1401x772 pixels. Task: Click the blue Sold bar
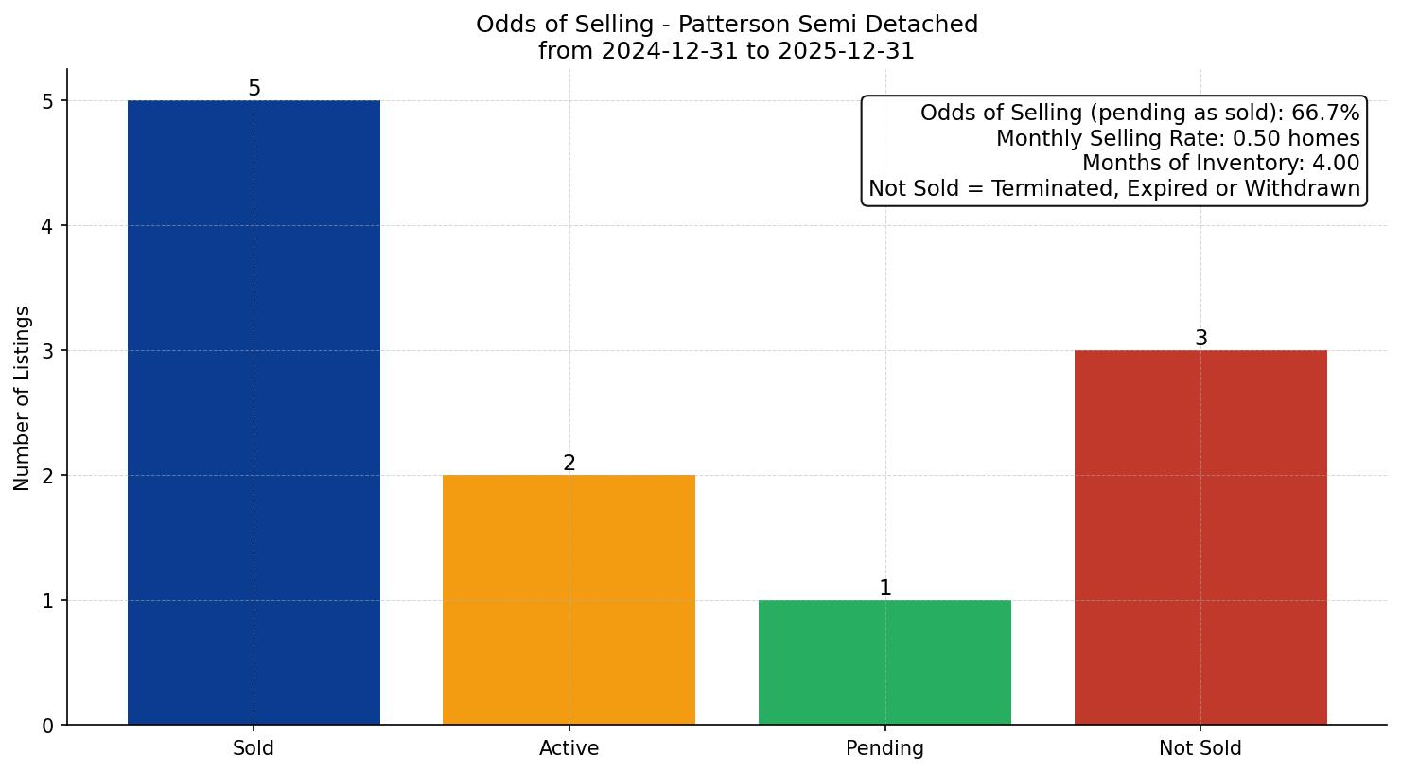[254, 412]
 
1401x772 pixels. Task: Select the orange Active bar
[569, 600]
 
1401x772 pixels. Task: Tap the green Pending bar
[884, 662]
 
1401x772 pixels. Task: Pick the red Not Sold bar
[1200, 537]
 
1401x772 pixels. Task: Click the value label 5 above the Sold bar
[254, 89]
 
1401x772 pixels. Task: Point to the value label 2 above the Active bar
[569, 464]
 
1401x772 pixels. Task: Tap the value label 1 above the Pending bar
[884, 588]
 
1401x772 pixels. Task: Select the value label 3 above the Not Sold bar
[1200, 339]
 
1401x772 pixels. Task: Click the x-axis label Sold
[254, 748]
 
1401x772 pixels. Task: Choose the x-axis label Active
[569, 748]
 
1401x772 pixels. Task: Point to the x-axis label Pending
[884, 748]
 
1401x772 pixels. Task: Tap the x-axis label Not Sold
[1200, 748]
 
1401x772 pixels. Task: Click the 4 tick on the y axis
[48, 226]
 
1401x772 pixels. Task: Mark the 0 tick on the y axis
[48, 726]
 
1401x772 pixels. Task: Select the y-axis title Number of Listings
[23, 397]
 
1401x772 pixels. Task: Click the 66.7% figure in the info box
[1325, 114]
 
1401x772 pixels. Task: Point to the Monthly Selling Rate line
[1178, 139]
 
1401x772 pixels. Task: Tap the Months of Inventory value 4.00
[1335, 164]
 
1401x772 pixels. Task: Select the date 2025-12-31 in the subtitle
[847, 51]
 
